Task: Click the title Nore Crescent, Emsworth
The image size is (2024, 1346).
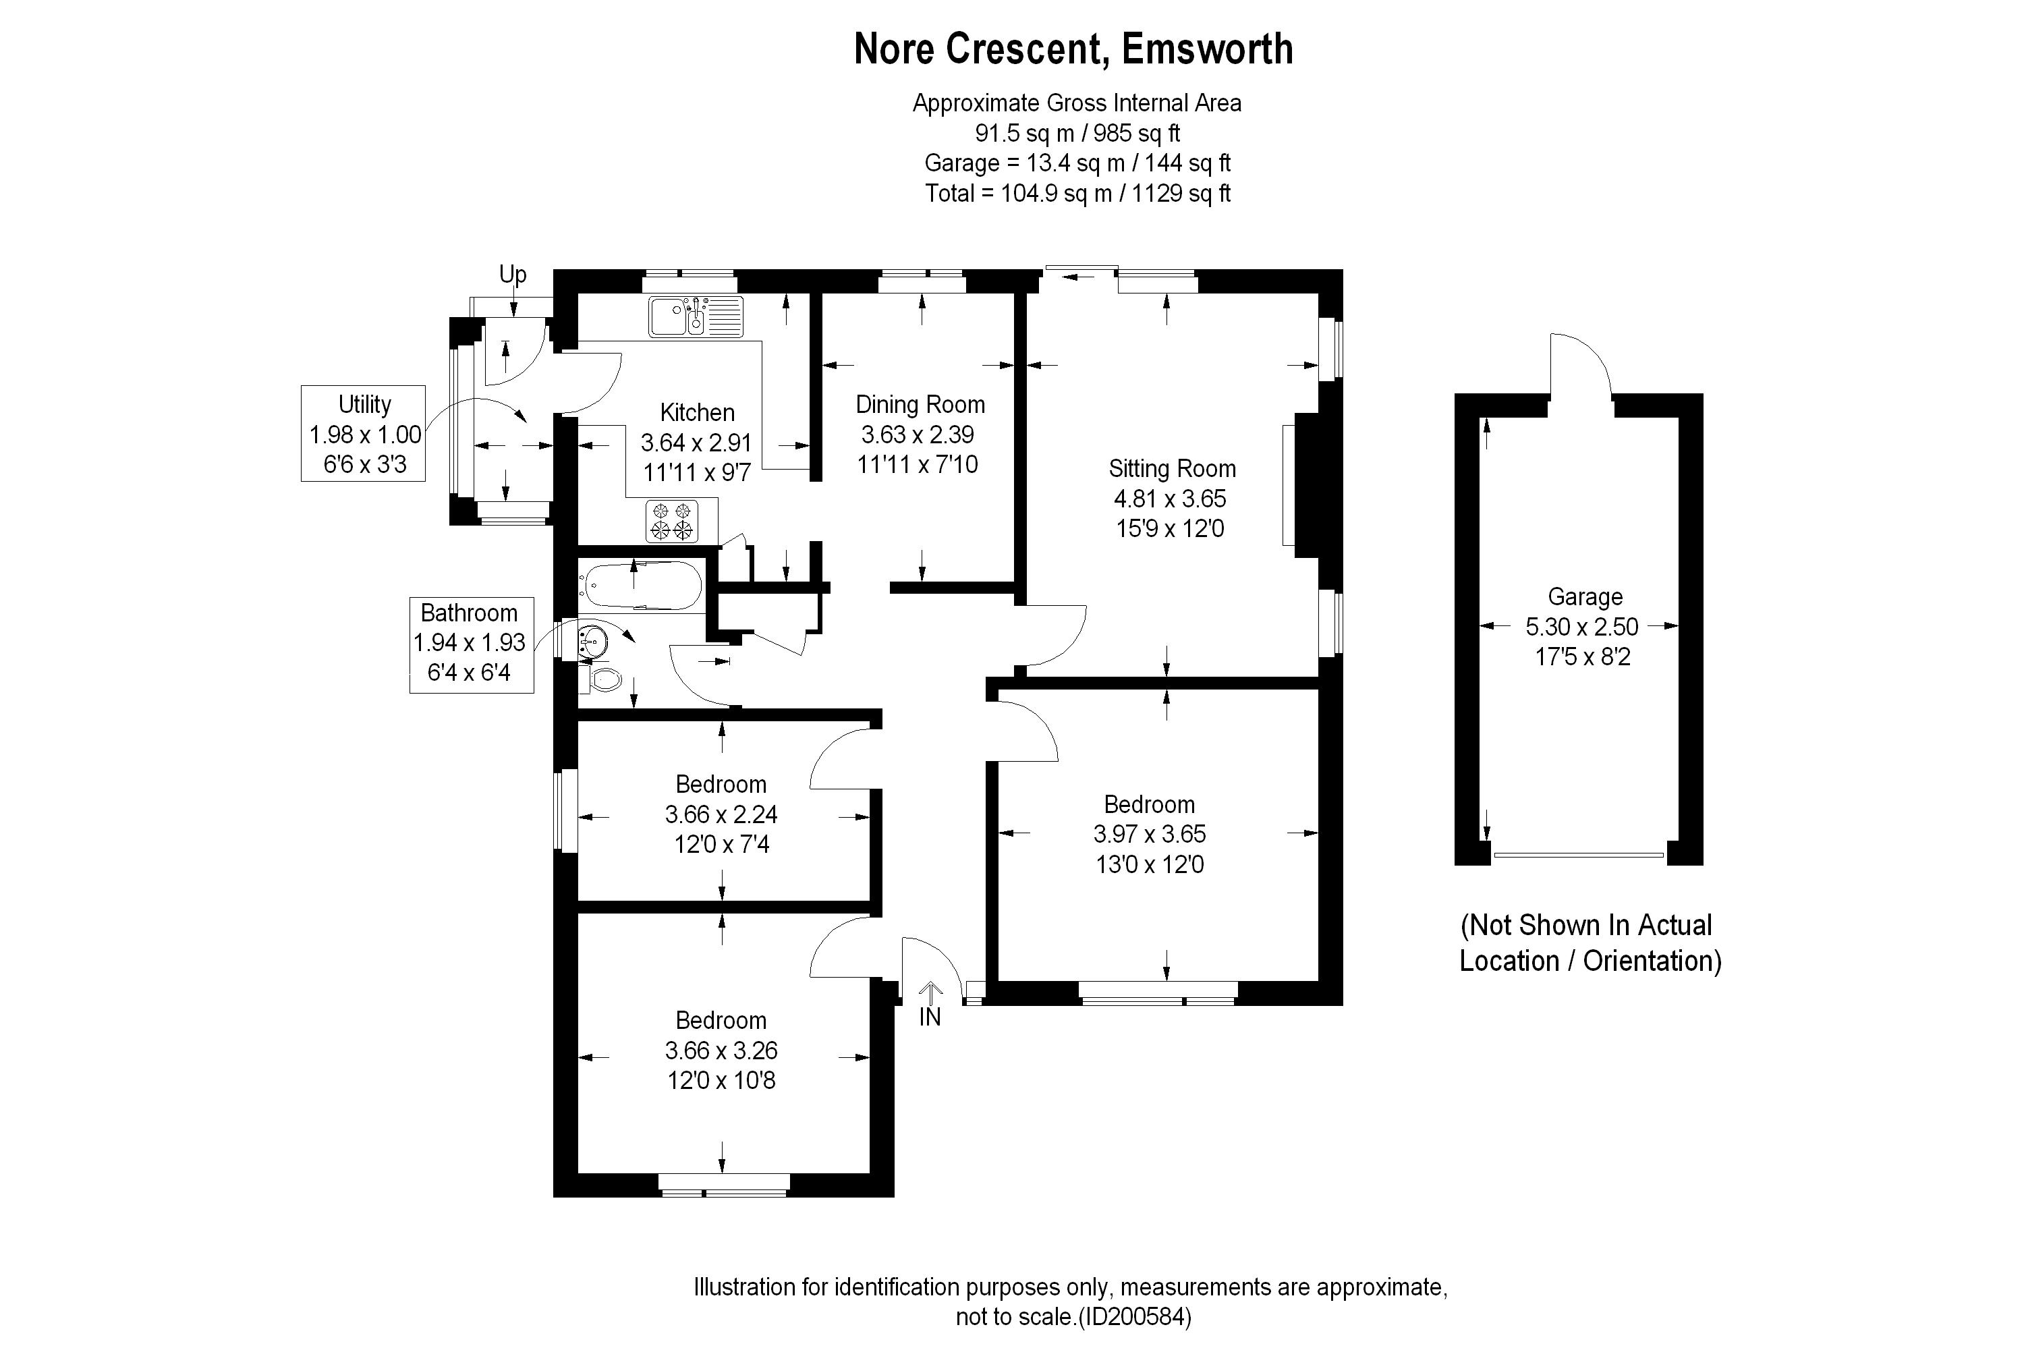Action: [1073, 49]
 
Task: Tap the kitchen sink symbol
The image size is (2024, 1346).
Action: [696, 316]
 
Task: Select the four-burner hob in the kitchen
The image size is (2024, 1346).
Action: [672, 520]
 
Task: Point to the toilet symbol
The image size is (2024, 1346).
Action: [605, 680]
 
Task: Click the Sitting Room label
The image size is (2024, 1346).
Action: [1172, 469]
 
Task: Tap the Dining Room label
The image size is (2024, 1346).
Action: [920, 404]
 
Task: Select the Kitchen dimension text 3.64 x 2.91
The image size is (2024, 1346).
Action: [696, 443]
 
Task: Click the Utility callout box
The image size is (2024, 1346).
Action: [363, 434]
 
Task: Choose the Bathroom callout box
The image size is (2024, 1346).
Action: [471, 644]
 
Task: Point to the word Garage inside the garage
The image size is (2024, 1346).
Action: [1585, 596]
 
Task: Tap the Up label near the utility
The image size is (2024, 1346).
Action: [513, 275]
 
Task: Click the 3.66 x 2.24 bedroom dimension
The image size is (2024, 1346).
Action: [721, 814]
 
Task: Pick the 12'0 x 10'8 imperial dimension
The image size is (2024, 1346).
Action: [721, 1080]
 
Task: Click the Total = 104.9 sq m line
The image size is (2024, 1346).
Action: [1077, 193]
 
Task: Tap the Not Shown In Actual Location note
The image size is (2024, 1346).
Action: [1591, 943]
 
